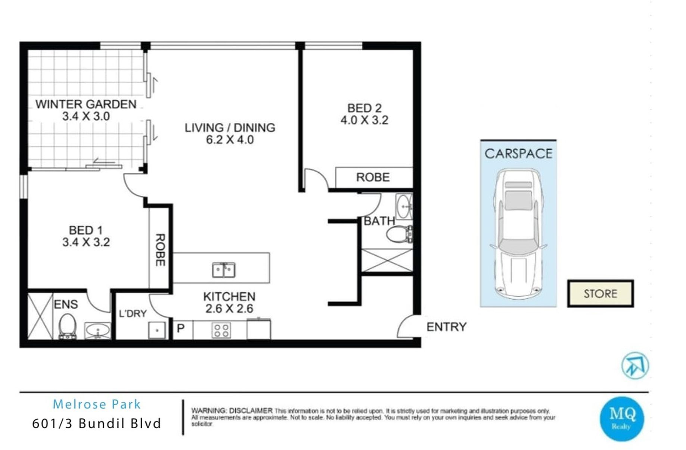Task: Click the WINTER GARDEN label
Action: tap(86, 104)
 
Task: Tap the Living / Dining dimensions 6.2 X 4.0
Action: tap(230, 140)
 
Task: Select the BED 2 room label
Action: tap(364, 108)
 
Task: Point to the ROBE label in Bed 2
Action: tap(373, 177)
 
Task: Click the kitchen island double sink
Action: tap(224, 270)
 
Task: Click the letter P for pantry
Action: tap(181, 329)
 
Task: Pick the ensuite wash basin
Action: tap(97, 331)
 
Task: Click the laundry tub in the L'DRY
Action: tap(157, 330)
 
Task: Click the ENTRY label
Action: tap(447, 327)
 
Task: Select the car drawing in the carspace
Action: tap(518, 234)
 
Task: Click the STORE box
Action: tap(600, 294)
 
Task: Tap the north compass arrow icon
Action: tap(635, 365)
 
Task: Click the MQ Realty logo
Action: tap(622, 419)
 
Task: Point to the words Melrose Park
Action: tap(97, 404)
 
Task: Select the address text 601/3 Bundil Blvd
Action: tap(97, 424)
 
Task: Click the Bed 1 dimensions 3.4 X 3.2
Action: tap(86, 242)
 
